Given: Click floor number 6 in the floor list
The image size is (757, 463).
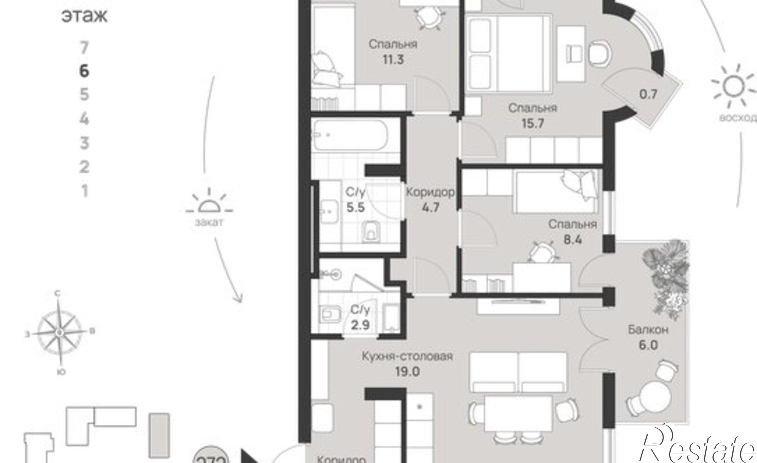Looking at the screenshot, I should [x=84, y=71].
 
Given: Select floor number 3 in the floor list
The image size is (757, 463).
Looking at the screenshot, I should [x=84, y=143].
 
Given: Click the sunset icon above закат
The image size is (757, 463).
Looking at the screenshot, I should [x=209, y=206].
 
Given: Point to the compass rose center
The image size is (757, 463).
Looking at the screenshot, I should [x=59, y=332].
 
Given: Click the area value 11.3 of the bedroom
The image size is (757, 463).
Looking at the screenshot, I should [x=393, y=59].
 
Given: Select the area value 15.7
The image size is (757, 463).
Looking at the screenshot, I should [x=532, y=123].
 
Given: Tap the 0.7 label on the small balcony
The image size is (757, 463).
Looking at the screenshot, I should [x=648, y=94].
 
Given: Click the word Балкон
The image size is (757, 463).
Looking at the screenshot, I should [x=648, y=330].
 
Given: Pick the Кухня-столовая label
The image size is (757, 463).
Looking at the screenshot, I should [x=407, y=356].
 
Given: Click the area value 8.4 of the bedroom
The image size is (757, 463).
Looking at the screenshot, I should [x=573, y=240].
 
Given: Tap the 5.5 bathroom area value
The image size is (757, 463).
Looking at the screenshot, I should [x=355, y=207].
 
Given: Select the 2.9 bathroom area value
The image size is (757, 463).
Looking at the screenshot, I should [x=360, y=325].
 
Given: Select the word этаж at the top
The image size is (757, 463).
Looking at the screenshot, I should [x=84, y=16].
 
